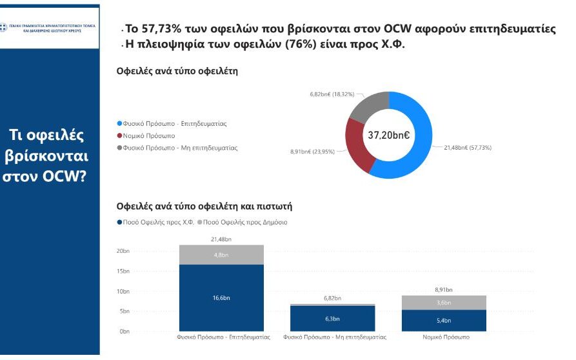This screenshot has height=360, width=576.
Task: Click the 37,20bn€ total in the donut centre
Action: tap(389, 135)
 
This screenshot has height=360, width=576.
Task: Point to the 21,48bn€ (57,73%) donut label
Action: tap(468, 148)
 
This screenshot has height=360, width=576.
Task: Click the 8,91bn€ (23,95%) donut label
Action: tap(313, 152)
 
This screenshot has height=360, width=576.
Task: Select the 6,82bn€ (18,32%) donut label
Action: tap(332, 94)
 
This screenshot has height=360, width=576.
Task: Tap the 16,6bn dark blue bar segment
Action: tap(221, 297)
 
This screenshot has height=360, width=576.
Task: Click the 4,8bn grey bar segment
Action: tap(221, 255)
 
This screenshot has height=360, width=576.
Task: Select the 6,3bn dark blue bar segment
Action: tap(332, 318)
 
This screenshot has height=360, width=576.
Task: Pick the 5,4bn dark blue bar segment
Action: tap(444, 320)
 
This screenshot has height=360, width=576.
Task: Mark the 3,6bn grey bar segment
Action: tap(444, 303)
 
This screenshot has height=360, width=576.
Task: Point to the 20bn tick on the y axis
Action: tap(123, 251)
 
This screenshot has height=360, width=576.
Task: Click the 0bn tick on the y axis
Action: tap(124, 332)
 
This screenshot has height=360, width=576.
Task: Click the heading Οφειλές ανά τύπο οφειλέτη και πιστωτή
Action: tap(204, 206)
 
